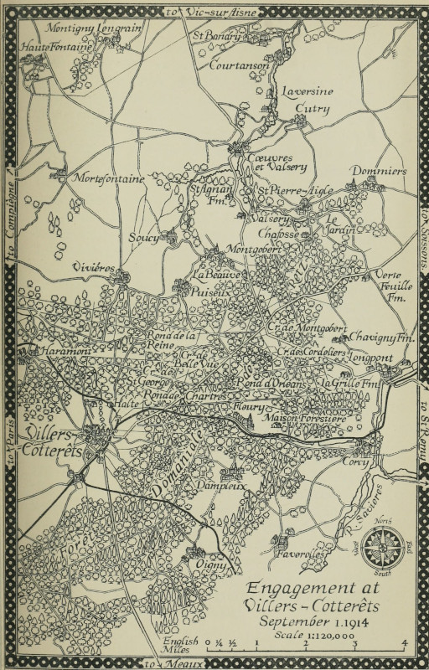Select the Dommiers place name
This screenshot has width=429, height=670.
(x=378, y=171)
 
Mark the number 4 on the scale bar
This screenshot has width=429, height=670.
(x=405, y=642)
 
